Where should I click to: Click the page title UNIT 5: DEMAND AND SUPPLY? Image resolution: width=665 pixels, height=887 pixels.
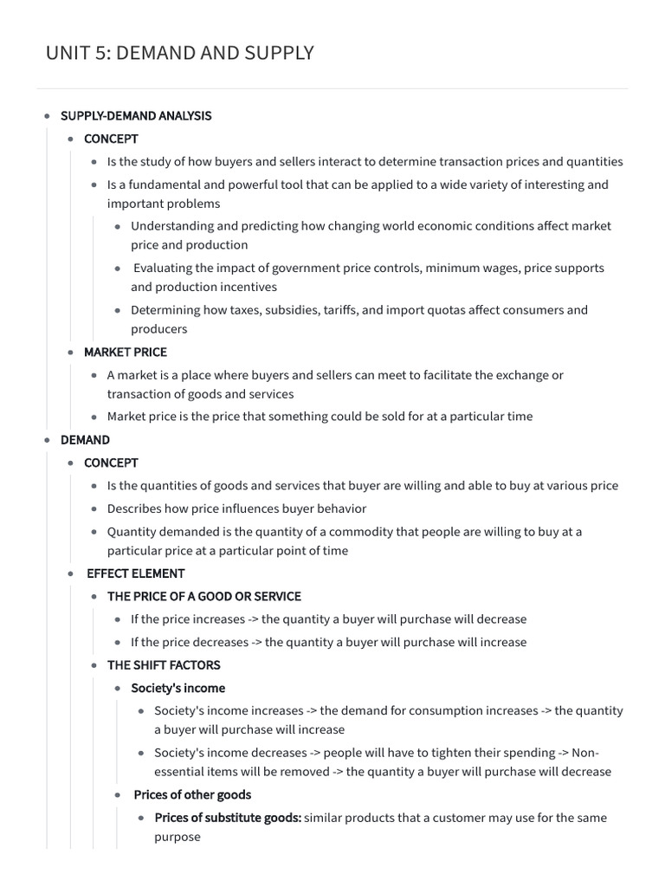(179, 54)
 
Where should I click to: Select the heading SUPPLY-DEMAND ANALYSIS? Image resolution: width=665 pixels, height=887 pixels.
(136, 116)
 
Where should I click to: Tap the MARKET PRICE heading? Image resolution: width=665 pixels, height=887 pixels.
(126, 353)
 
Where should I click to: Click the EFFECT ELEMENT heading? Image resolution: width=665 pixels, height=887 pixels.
(136, 573)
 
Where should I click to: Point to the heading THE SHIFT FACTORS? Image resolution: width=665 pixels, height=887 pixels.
(164, 665)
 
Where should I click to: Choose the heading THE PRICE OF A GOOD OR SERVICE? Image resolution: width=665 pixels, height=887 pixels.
(204, 597)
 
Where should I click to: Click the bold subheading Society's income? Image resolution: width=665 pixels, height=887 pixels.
(178, 689)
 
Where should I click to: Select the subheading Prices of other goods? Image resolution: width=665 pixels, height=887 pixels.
(192, 795)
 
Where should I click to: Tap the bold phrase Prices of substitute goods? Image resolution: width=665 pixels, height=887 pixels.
(228, 818)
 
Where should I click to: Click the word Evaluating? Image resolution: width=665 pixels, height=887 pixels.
(165, 269)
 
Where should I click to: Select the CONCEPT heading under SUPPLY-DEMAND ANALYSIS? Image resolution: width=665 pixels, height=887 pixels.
(111, 139)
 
